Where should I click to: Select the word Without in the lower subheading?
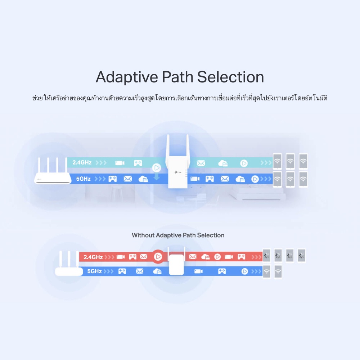point(143,235)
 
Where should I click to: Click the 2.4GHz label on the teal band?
point(82,163)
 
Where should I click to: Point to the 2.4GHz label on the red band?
point(93,257)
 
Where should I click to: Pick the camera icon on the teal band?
point(120,163)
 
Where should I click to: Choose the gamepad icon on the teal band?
point(138,163)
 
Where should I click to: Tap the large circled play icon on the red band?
point(157,257)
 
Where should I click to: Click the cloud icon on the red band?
point(206,257)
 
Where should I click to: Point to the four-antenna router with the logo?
point(53,173)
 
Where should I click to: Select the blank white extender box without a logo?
point(176,265)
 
